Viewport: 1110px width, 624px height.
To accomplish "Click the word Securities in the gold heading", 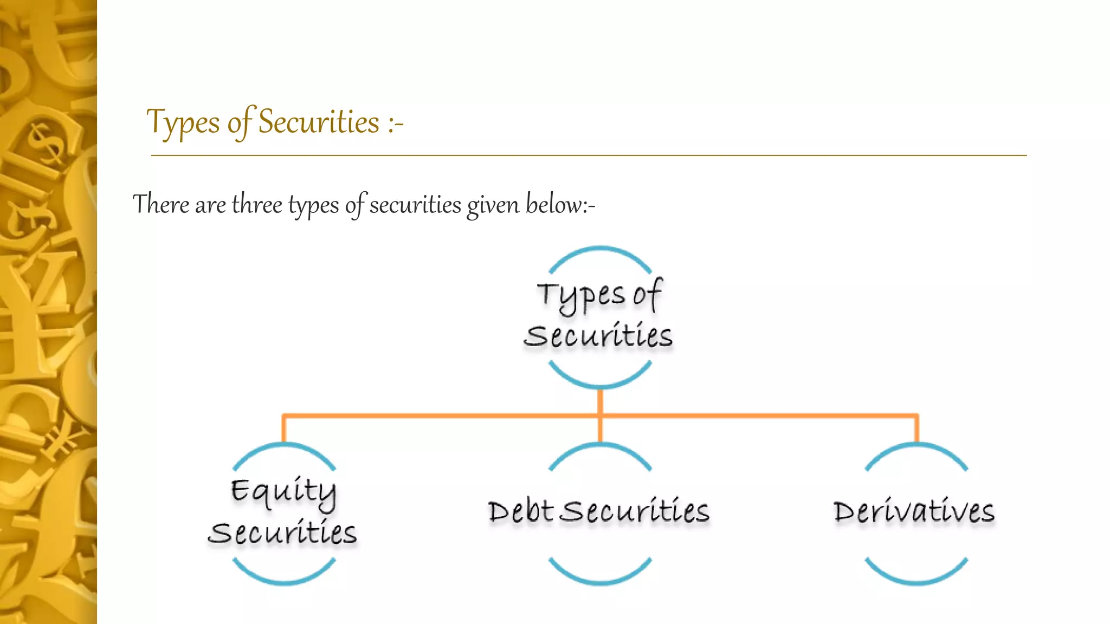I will tap(318, 122).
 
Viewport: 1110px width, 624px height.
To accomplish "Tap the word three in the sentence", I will tap(257, 205).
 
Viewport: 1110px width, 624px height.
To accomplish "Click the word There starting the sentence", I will tap(161, 205).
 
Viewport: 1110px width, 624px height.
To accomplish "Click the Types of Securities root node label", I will tap(599, 315).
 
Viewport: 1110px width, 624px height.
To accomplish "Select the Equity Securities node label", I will tap(283, 512).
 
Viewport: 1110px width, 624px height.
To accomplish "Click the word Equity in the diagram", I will tap(283, 492).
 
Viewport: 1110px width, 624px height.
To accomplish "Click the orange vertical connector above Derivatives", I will tap(917, 430).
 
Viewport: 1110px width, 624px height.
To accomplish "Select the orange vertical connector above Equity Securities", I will tap(283, 430).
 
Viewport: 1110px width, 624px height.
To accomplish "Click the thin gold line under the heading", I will tap(589, 155).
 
